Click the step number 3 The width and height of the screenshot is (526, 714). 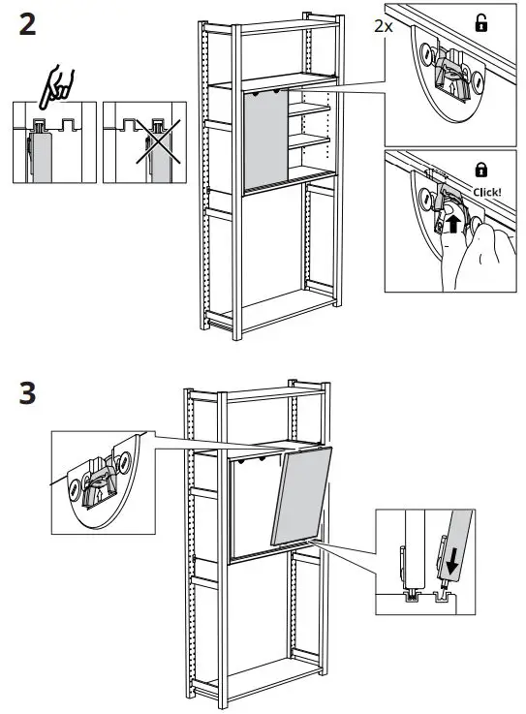29,394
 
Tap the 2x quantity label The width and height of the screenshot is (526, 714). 384,27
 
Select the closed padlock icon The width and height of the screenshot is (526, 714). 480,170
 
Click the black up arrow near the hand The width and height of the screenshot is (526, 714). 449,225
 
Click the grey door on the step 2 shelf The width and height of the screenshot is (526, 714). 265,140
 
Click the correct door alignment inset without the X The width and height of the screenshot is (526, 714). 54,142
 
